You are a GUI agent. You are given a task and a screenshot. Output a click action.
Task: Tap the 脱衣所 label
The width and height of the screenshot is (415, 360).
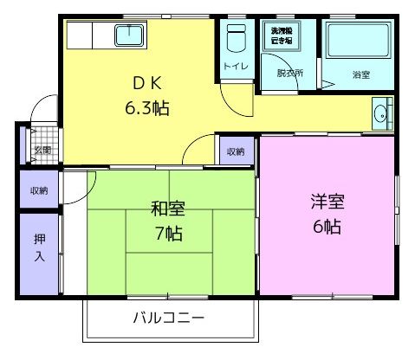point(290,73)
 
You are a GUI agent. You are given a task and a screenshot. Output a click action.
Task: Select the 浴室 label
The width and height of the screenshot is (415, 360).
point(360,75)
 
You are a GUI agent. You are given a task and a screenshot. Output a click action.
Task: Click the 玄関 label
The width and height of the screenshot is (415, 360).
point(42,150)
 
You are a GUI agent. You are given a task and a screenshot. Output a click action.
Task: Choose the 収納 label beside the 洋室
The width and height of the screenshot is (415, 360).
point(236,151)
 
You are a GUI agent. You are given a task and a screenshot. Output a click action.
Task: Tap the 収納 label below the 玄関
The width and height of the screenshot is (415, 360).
point(39,190)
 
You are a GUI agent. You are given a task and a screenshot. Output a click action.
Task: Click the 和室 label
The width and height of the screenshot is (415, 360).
point(167,209)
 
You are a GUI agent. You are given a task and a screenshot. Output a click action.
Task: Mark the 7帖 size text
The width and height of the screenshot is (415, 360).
point(167,233)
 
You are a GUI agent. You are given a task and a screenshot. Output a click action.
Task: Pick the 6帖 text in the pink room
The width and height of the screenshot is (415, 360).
point(327,228)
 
